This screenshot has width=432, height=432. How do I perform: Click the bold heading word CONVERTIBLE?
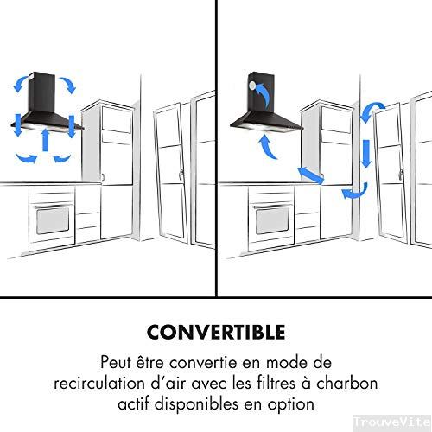216,333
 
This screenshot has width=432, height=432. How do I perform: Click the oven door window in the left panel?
52,220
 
